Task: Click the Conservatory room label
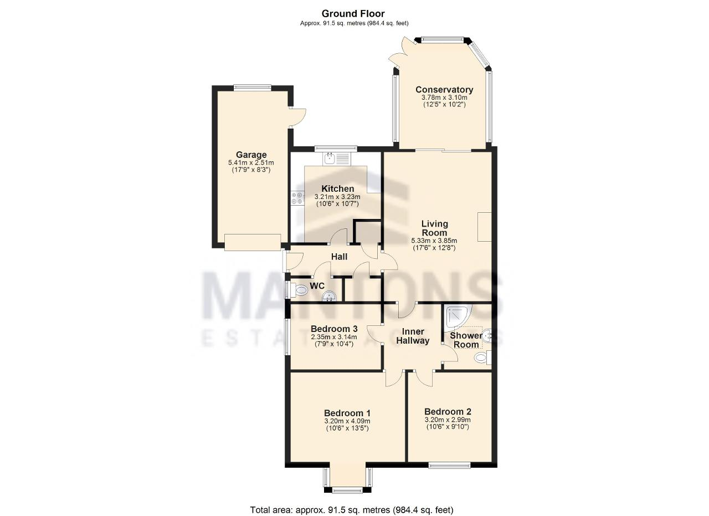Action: point(444,90)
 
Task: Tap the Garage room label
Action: point(251,155)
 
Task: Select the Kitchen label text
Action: point(337,189)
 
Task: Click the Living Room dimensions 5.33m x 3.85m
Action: point(434,241)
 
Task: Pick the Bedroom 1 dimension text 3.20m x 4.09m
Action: point(347,421)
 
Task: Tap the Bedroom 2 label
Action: point(448,412)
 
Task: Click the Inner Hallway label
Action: point(413,336)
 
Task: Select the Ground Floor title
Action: point(353,13)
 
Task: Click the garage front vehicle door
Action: point(253,242)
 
